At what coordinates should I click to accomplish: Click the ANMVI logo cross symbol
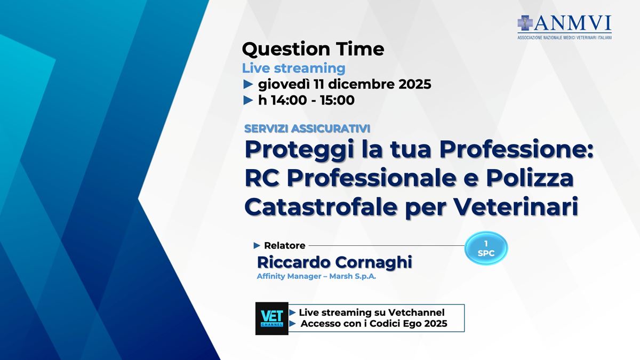pos(525,23)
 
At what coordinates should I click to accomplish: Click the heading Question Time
pos(313,49)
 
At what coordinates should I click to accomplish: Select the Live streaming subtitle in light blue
pos(294,69)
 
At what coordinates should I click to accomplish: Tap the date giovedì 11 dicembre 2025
pos(345,84)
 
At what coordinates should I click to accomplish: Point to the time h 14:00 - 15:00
pos(306,100)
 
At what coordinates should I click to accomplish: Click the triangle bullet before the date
pos(248,85)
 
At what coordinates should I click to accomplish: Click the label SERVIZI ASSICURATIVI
pos(307,129)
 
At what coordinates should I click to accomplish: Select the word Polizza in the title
pos(530,178)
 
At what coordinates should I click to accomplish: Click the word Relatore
pos(285,245)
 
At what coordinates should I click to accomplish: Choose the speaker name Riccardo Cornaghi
pos(334,262)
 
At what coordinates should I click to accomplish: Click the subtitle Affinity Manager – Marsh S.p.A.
pos(316,277)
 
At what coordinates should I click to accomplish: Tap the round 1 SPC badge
pos(486,248)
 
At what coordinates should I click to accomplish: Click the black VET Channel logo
pos(271,318)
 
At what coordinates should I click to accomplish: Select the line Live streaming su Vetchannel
pos(372,313)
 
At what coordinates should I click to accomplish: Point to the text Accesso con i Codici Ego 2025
pos(374,324)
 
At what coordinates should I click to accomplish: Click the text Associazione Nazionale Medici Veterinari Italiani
pos(565,38)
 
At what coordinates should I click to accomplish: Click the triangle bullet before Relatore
pos(257,245)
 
